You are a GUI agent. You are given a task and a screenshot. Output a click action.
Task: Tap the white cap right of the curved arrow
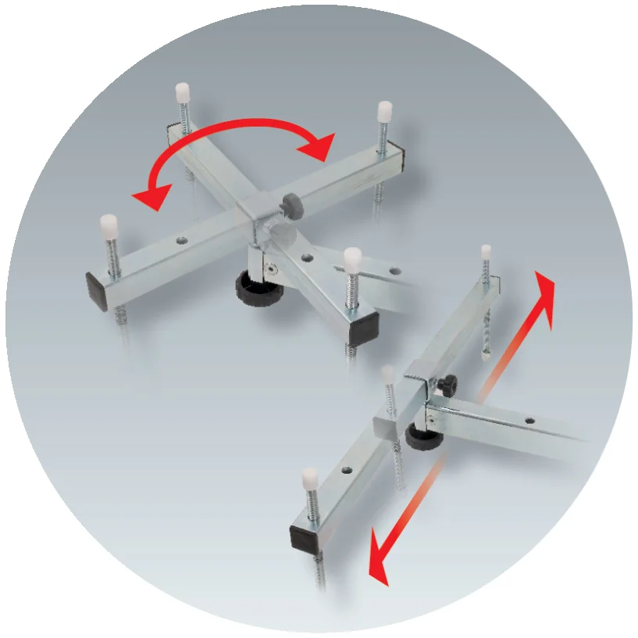pos(383,109)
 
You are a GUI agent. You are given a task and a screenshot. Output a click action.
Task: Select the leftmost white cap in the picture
pos(109,227)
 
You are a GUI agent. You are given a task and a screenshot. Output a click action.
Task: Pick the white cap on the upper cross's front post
pos(352,256)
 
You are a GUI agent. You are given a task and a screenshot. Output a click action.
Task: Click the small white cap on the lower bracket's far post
pos(486,250)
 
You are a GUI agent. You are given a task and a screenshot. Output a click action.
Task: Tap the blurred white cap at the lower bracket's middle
pos(388,374)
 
